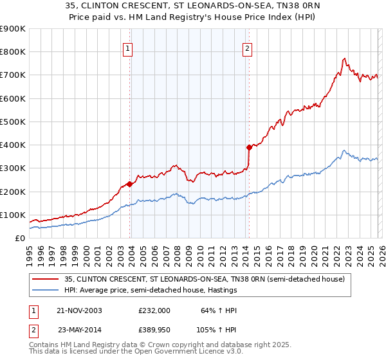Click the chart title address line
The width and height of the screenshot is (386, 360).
pyautogui.click(x=193, y=7)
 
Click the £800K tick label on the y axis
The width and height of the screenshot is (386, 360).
pyautogui.click(x=12, y=51)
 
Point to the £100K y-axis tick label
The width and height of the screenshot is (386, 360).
pyautogui.click(x=12, y=215)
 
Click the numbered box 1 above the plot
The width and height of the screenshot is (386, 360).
pyautogui.click(x=128, y=48)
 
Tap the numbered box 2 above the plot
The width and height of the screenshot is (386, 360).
pyautogui.click(x=247, y=48)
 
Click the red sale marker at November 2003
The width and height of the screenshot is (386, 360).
pyautogui.click(x=130, y=184)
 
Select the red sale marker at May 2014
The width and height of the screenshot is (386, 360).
pyautogui.click(x=249, y=147)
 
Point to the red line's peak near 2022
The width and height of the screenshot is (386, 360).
pyautogui.click(x=345, y=59)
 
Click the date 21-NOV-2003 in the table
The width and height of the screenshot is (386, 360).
pyautogui.click(x=79, y=310)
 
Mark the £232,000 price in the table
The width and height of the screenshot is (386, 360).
pyautogui.click(x=154, y=310)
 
